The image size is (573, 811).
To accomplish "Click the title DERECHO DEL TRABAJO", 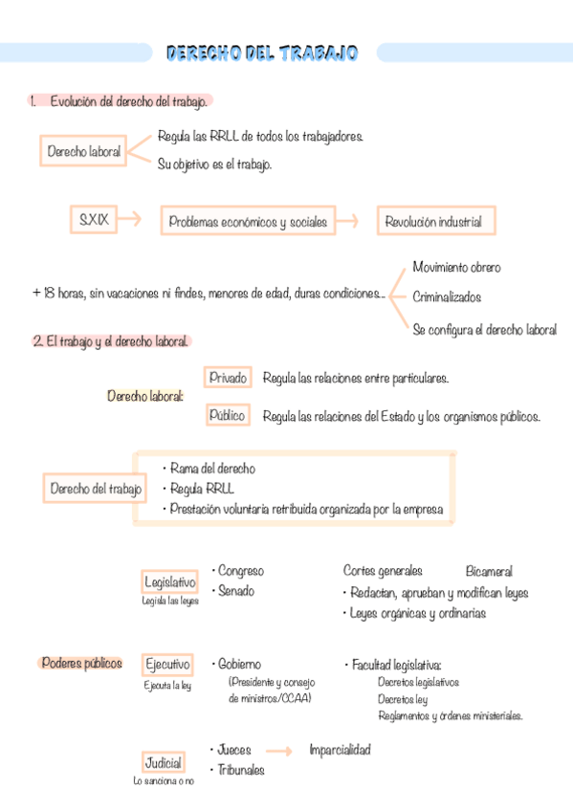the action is point(262,53).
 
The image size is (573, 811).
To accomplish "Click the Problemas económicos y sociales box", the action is point(248,222).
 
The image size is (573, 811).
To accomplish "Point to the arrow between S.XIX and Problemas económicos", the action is point(129,221).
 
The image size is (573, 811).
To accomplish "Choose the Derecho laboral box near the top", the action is point(84,151).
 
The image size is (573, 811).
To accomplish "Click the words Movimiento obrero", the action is point(456,267).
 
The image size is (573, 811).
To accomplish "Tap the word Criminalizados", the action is point(447,297).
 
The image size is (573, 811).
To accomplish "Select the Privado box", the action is point(228,378).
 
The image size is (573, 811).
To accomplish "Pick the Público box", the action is point(228,416).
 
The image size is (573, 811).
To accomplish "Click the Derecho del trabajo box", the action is point(97,490).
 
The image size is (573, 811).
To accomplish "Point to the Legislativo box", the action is point(169,581).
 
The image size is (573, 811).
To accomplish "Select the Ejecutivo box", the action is point(167,664).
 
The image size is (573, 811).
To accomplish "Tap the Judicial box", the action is point(163,764).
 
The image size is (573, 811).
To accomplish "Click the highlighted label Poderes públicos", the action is point(82,663).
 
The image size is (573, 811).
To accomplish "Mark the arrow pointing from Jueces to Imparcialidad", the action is point(278,751).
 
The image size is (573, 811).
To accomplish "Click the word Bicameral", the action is point(489,571).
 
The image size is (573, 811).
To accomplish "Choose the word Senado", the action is point(236,591).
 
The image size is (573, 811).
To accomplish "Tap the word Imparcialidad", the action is point(340,750).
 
